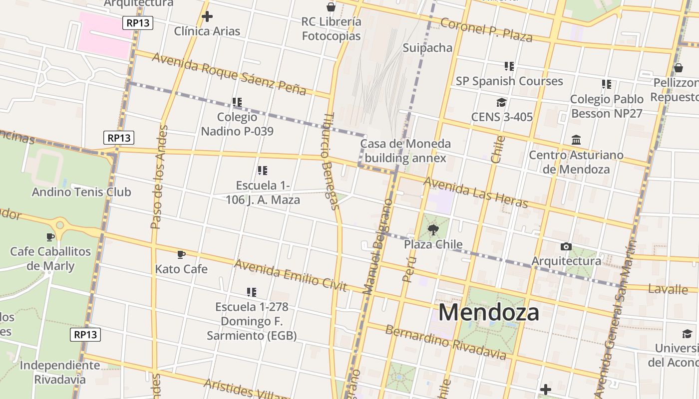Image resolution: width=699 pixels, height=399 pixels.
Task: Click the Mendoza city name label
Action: click(x=489, y=312)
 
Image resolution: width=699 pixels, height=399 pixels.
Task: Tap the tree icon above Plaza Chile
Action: click(x=433, y=230)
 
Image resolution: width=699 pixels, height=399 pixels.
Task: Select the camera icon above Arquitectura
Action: click(x=566, y=246)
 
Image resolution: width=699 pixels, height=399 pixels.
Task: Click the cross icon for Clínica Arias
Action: click(x=207, y=16)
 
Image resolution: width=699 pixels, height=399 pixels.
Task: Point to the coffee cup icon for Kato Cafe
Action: click(x=181, y=254)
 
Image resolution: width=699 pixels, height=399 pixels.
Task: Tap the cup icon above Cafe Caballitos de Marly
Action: click(x=50, y=237)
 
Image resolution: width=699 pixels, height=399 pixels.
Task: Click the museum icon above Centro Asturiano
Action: click(x=576, y=140)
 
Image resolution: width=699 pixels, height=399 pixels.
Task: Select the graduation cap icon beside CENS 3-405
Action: click(x=501, y=103)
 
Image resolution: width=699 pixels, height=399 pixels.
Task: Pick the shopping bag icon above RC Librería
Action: click(x=331, y=7)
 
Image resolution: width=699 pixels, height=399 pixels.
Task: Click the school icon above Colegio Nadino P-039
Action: click(x=237, y=102)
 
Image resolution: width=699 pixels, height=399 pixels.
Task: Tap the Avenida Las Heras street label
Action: click(x=475, y=192)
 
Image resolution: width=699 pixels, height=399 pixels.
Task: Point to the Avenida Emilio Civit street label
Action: click(x=290, y=275)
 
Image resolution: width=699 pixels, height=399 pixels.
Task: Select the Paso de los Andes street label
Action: click(x=158, y=177)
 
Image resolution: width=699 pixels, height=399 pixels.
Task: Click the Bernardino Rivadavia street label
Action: click(x=446, y=342)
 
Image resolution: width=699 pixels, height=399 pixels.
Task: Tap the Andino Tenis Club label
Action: click(x=81, y=192)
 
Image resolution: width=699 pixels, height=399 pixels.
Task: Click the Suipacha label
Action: click(x=427, y=48)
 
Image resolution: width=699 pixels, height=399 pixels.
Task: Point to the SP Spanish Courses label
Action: click(x=509, y=81)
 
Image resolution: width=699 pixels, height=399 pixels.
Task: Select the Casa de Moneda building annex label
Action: click(x=405, y=151)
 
